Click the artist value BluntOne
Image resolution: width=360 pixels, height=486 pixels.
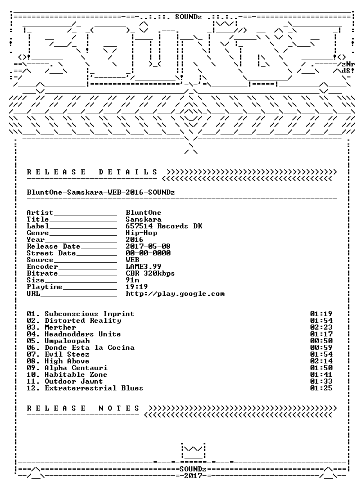coord(143,213)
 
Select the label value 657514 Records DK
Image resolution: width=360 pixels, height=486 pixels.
coord(164,226)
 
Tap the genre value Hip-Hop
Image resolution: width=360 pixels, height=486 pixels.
coord(141,233)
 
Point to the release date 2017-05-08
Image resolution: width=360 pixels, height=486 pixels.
coord(148,246)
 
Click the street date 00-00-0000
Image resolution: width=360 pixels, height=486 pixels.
coord(148,253)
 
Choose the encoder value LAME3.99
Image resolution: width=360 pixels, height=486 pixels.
coord(143,267)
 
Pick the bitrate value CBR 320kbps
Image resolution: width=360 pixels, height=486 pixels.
coord(150,274)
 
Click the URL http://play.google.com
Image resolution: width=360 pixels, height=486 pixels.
coord(175,294)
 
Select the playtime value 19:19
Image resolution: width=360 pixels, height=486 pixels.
coord(137,287)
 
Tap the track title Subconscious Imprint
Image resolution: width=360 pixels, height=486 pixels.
coord(89,314)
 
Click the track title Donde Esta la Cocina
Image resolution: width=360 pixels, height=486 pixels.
coord(89,348)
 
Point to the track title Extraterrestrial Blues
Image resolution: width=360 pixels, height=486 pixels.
coord(94,388)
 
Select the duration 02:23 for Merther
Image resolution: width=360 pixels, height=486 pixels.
coord(321,327)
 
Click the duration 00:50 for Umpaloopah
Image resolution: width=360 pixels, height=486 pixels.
coord(321,341)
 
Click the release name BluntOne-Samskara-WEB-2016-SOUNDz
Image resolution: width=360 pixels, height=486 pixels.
coord(101,192)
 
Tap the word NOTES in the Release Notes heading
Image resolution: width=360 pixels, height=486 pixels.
coord(119,408)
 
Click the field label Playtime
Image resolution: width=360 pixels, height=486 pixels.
coord(44,287)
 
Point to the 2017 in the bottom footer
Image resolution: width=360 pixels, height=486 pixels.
coord(193,476)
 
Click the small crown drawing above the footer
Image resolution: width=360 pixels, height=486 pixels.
coord(193,451)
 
